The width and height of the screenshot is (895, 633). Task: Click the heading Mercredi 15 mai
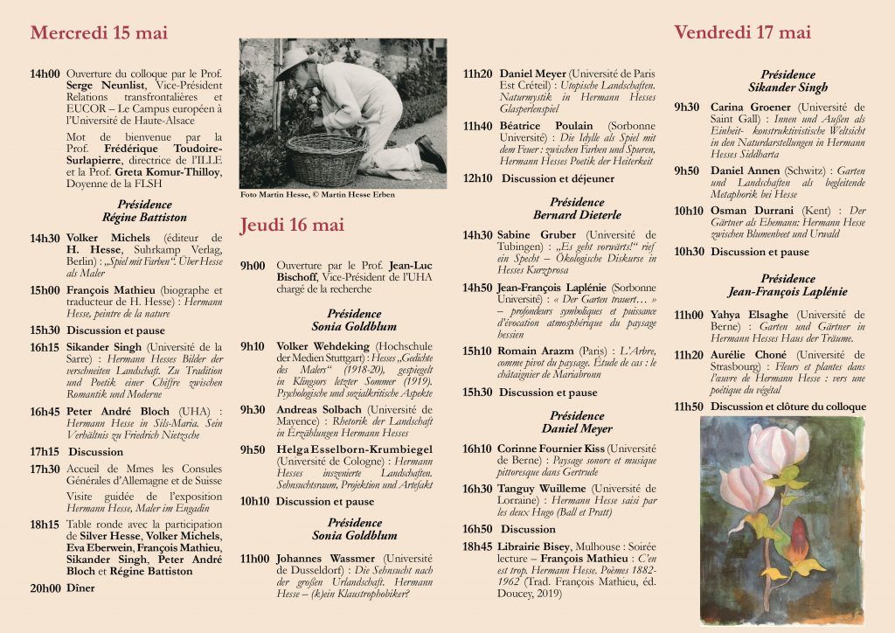coord(99,33)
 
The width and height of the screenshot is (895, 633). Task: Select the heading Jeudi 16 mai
coord(292,226)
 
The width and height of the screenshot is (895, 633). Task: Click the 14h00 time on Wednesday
coord(45,74)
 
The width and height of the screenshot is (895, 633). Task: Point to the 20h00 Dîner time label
coord(45,588)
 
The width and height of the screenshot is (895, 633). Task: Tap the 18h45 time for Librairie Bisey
coord(476,546)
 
